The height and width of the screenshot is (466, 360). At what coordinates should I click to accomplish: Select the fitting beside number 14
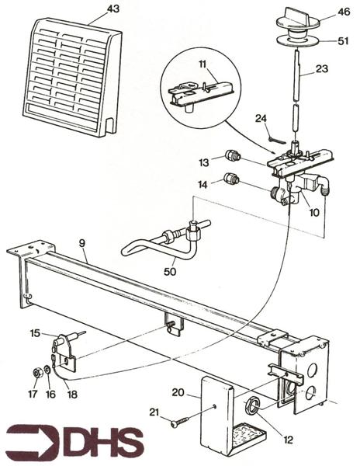tap(230, 182)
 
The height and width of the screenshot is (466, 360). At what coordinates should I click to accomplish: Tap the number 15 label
tap(34, 333)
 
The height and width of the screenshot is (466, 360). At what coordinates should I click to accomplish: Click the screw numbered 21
tap(177, 422)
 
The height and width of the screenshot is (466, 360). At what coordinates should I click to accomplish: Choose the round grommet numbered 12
tap(254, 405)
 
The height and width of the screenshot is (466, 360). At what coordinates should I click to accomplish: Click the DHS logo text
tap(74, 441)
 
